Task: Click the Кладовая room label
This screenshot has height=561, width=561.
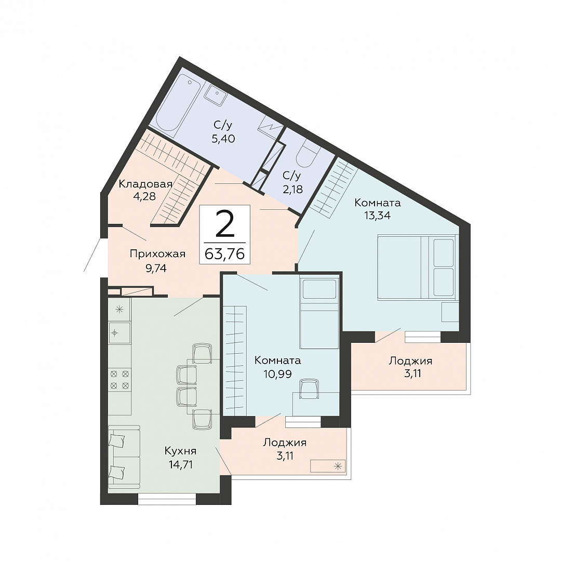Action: coord(145,184)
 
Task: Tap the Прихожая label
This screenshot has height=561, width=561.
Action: coord(157,254)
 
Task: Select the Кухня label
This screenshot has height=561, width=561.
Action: coord(180,451)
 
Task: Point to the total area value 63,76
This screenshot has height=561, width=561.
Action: coord(225,253)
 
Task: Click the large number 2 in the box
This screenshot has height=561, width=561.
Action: coord(225,224)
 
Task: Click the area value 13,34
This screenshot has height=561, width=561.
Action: coord(377,216)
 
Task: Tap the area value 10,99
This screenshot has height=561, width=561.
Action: coord(277,374)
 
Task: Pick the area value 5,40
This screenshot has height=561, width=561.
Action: coord(223,139)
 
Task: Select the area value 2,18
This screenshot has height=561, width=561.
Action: coord(292,189)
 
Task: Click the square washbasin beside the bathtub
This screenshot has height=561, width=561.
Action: coord(216,95)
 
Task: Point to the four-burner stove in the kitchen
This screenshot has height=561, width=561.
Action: coord(119,380)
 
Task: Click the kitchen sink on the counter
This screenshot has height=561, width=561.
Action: coord(119,333)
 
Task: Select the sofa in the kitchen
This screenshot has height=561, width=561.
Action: coord(124,457)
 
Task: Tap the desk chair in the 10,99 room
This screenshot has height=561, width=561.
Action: coord(309,389)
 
